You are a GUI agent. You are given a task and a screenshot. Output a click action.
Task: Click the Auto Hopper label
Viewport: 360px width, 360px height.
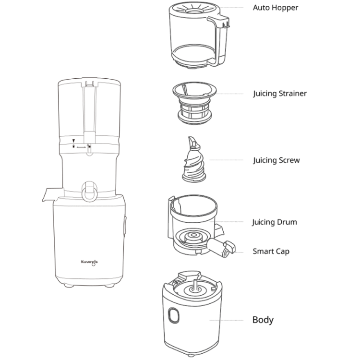tap(276, 8)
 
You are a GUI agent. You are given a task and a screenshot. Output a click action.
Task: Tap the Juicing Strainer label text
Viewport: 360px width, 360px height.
tap(280, 94)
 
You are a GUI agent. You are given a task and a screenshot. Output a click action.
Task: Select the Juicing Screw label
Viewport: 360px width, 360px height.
tap(276, 160)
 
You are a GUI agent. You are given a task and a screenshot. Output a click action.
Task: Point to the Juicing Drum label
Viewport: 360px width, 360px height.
tap(275, 222)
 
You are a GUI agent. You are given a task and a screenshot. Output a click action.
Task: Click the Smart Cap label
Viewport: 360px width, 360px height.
tap(271, 252)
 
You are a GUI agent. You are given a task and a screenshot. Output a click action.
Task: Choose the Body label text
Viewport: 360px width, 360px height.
tap(263, 320)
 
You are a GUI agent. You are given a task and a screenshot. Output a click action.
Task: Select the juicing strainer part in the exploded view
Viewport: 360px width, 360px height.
tap(194, 103)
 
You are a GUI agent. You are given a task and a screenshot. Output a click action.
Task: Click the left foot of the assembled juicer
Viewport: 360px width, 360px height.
tap(67, 286)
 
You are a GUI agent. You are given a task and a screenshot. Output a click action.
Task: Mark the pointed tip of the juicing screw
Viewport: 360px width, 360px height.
tap(193, 140)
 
